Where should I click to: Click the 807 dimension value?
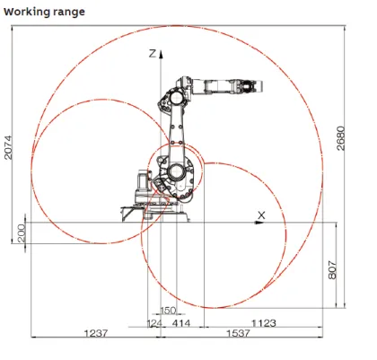(334, 266)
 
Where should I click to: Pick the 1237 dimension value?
(97, 332)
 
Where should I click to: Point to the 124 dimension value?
(154, 321)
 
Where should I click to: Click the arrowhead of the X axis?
(270, 220)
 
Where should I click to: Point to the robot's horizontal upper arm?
(220, 86)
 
